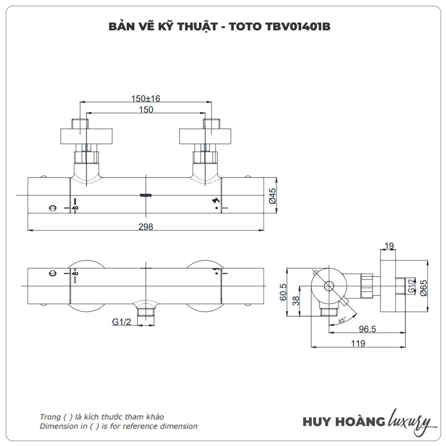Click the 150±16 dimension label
(146, 99)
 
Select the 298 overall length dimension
(146, 227)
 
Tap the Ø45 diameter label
(273, 195)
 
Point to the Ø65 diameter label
(424, 288)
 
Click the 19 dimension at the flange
(389, 245)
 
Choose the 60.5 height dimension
(283, 292)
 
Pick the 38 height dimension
(296, 300)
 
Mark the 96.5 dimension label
(367, 329)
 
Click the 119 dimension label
(358, 343)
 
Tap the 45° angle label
(342, 320)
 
